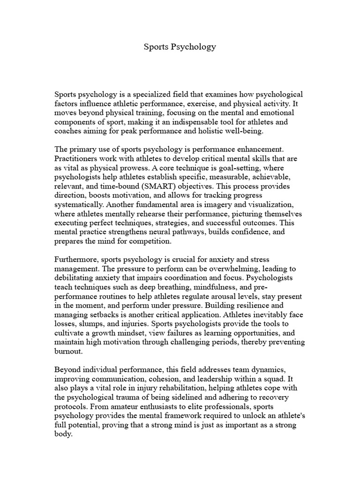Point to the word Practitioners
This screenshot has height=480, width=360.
[x=80, y=159]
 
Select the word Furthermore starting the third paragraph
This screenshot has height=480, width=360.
[x=77, y=259]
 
